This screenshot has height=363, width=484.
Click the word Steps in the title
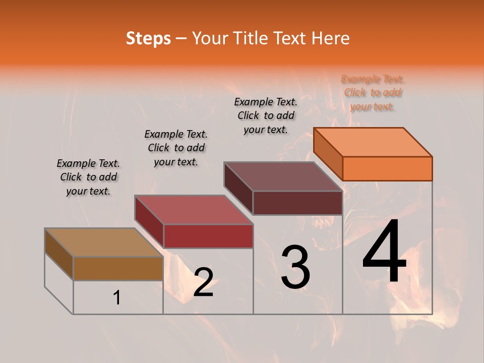tap(148, 38)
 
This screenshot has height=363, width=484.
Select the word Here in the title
tap(331, 38)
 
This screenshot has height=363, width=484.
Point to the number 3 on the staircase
tap(295, 267)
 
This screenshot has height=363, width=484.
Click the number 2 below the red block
tap(203, 282)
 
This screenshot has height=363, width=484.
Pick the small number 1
tap(117, 298)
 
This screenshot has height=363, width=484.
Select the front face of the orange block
tap(387, 168)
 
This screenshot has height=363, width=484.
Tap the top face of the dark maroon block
tap(283, 176)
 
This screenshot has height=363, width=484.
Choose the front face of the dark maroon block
tap(297, 203)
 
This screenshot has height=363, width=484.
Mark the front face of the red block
tap(208, 236)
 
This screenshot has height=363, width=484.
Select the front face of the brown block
tap(118, 268)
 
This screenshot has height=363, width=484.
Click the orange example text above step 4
tap(373, 92)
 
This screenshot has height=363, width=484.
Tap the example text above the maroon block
tap(266, 115)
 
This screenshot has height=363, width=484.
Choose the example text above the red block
tap(176, 148)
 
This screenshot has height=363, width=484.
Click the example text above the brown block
tap(88, 177)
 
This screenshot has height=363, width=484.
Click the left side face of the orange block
tap(328, 154)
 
